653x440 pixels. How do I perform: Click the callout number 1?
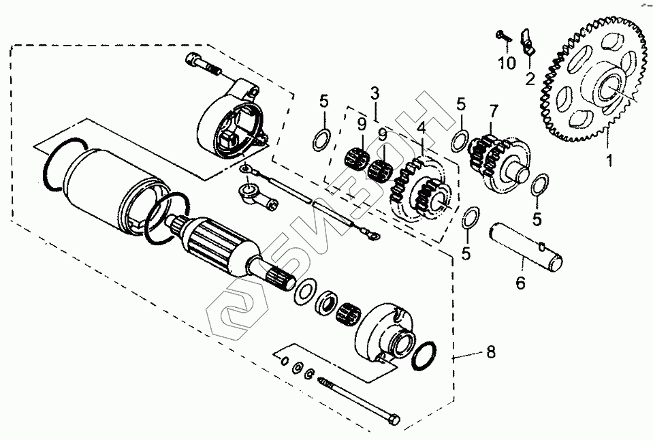pos(610,161)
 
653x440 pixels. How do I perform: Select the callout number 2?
pos(529,79)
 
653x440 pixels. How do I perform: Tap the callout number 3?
pos(375,92)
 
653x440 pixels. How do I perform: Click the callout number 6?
pos(520,283)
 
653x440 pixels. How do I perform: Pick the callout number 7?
pos(494,110)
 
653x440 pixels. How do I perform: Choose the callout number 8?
pos(490,352)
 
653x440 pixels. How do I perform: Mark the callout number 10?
pos(507,64)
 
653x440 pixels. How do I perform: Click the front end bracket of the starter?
pos(388,330)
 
